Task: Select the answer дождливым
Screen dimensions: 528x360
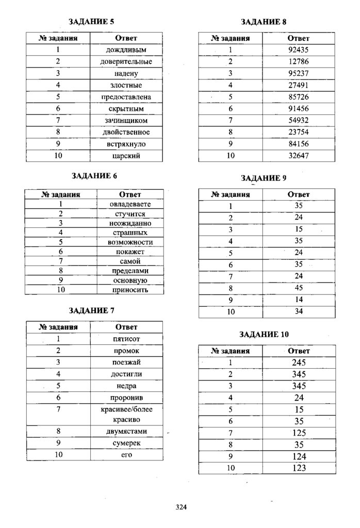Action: tap(126, 50)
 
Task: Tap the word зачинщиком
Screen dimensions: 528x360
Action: tap(126, 120)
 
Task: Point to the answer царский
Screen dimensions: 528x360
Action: tap(126, 155)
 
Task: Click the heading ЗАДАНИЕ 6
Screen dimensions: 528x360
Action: tap(94, 175)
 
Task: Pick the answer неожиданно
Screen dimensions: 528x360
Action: tap(130, 223)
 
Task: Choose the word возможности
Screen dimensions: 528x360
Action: tap(130, 242)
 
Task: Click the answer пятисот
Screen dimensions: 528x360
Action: tap(126, 339)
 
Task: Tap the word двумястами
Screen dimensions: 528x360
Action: tap(126, 431)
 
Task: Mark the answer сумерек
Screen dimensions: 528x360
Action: tap(126, 443)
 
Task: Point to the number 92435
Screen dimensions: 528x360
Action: tap(299, 50)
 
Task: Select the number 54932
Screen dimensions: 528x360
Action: tap(299, 120)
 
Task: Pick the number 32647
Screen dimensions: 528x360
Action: tap(299, 155)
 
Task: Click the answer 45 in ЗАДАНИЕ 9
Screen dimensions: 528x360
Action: tap(299, 288)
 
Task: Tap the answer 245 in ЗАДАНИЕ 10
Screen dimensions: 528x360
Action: tap(299, 362)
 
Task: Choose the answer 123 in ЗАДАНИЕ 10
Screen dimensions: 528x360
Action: tap(299, 468)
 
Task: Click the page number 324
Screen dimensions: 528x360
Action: tap(181, 506)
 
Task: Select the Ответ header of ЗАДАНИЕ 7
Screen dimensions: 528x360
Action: tap(126, 327)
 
